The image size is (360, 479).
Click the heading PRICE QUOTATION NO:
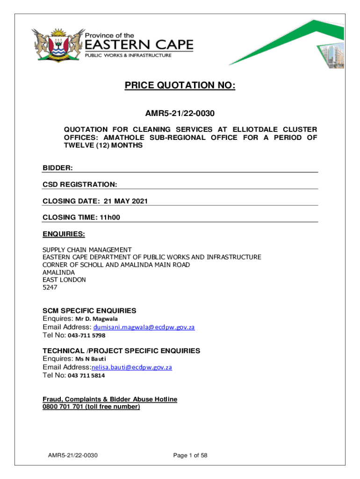point(180,86)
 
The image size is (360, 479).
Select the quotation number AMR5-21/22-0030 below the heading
point(180,113)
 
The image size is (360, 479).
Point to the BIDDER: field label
point(58,167)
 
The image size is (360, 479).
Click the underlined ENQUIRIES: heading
point(64,233)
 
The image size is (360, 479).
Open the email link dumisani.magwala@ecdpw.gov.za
point(144,327)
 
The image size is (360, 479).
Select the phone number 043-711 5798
point(86,335)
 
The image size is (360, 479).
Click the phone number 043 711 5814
point(86,375)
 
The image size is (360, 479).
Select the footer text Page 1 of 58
point(190,455)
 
